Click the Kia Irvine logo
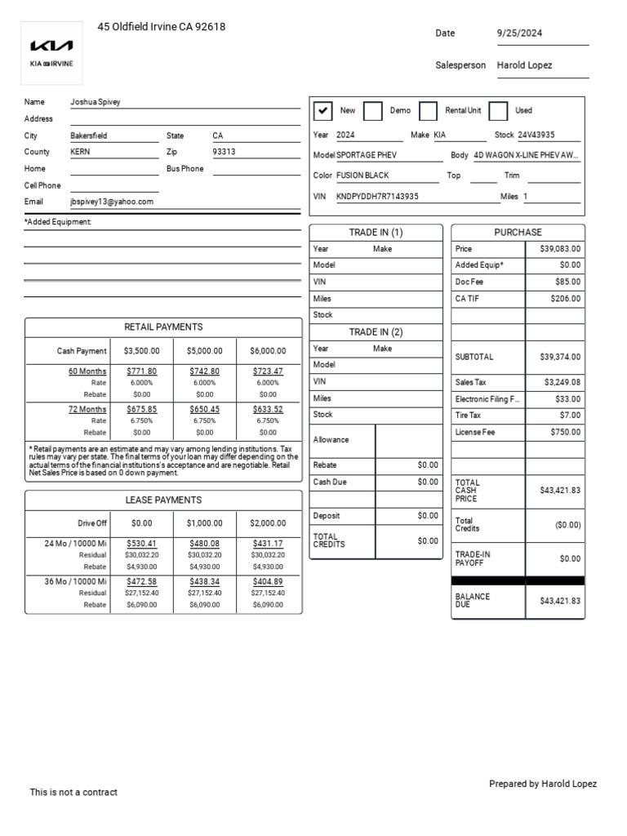coord(51,51)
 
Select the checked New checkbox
coord(323,111)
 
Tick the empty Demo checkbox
coord(372,111)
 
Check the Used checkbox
coord(498,111)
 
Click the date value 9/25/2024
coord(519,33)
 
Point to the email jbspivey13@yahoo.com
coord(112,202)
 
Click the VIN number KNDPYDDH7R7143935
coord(377,197)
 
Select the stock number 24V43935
coord(536,136)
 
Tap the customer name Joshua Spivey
coord(96,102)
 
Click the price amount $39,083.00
coord(560,249)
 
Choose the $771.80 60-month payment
coord(142,371)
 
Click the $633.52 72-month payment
coord(268,410)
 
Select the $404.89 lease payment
coord(268,581)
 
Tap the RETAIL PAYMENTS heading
coord(163,327)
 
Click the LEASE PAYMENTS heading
coord(163,500)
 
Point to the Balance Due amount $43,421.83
coord(560,601)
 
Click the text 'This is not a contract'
coord(73,792)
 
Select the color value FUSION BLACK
coord(362,176)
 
